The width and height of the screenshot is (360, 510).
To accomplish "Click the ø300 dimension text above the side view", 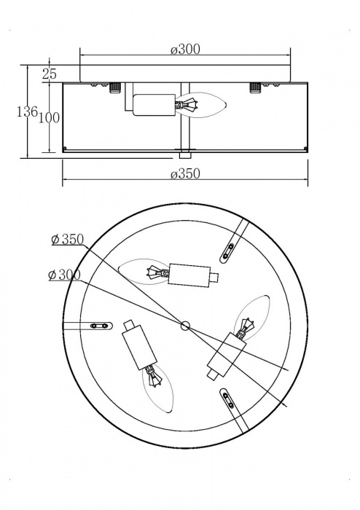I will [x=185, y=50].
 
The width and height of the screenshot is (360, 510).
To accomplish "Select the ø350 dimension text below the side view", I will [x=185, y=174].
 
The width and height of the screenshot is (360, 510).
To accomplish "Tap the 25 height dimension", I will [x=50, y=74].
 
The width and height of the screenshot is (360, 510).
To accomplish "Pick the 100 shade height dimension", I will [x=49, y=119].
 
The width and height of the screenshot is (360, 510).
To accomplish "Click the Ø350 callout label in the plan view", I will [x=69, y=240].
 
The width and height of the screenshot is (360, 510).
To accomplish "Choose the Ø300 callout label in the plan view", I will [x=63, y=275].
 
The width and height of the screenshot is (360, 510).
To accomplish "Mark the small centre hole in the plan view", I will [x=184, y=325].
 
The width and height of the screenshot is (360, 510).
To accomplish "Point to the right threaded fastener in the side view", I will [x=254, y=88].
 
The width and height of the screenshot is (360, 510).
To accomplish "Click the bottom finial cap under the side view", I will [x=185, y=154].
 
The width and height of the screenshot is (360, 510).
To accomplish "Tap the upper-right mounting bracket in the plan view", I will [x=232, y=247].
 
